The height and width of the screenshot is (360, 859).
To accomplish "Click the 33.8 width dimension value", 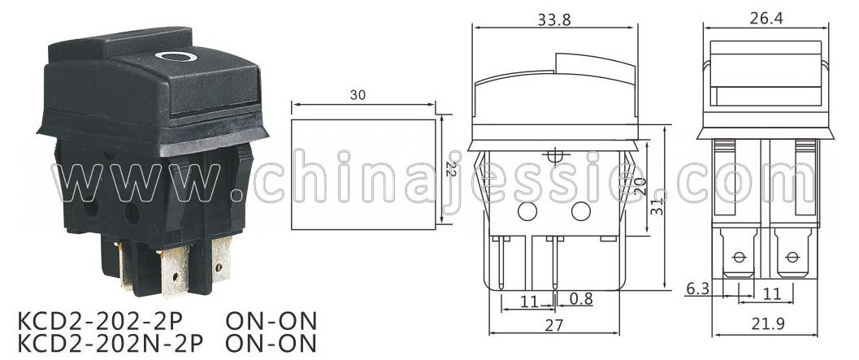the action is coord(554,20).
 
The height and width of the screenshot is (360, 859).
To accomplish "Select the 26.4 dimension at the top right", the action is coord(766,18).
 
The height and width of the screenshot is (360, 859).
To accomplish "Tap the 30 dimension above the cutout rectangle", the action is coord(358,95).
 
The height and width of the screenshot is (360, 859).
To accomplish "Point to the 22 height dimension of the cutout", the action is coord(451,168).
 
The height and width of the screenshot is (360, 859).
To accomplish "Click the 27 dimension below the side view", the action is coord(554,326).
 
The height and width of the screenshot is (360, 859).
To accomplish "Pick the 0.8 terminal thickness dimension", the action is coord(581,298).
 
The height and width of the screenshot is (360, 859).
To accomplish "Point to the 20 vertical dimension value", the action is coord(641,186).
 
